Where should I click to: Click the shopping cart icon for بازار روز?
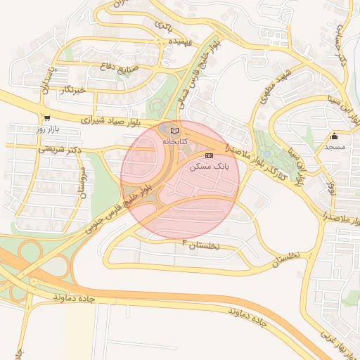point(46,119)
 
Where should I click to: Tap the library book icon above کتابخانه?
point(174,131)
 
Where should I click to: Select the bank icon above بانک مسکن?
point(209,155)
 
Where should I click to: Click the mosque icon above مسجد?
point(334,136)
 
